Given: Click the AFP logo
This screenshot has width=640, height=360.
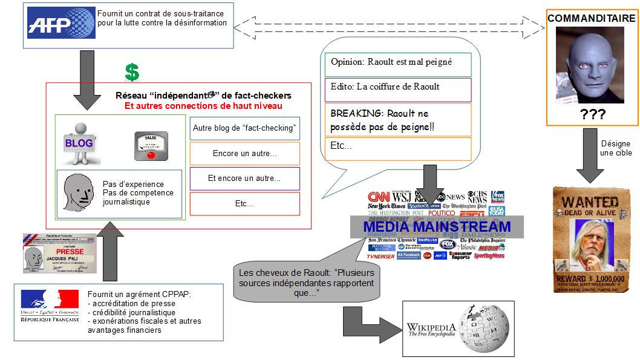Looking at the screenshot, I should (x=58, y=24).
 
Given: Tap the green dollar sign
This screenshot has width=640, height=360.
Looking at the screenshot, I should (x=132, y=72).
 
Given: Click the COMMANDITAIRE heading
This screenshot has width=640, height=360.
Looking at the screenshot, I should (x=591, y=19).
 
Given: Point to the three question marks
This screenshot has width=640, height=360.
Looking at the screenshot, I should (x=592, y=115).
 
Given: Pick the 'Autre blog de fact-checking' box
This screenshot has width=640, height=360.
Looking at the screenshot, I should (x=244, y=128).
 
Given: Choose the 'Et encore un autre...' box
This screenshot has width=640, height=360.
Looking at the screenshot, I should (x=244, y=178).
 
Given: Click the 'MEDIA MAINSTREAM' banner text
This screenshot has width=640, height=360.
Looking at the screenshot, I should (x=437, y=227).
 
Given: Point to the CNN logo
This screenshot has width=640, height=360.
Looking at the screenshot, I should (x=379, y=197).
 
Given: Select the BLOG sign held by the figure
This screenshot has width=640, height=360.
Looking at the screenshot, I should (x=78, y=143).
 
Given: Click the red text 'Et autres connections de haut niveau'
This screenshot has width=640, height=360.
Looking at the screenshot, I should (x=203, y=106).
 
